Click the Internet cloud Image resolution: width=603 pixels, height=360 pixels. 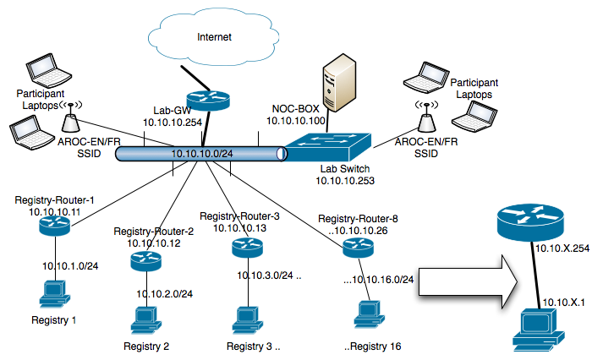pyautogui.click(x=214, y=38)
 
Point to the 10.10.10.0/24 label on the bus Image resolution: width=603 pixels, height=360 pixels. pyautogui.click(x=203, y=154)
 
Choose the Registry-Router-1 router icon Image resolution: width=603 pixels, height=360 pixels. pyautogui.click(x=55, y=221)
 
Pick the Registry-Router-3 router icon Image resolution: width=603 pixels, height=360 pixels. pyautogui.click(x=246, y=248)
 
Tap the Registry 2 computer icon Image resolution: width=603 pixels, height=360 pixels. pyautogui.click(x=145, y=321)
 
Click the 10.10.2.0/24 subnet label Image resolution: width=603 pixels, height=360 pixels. pyautogui.click(x=165, y=294)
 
